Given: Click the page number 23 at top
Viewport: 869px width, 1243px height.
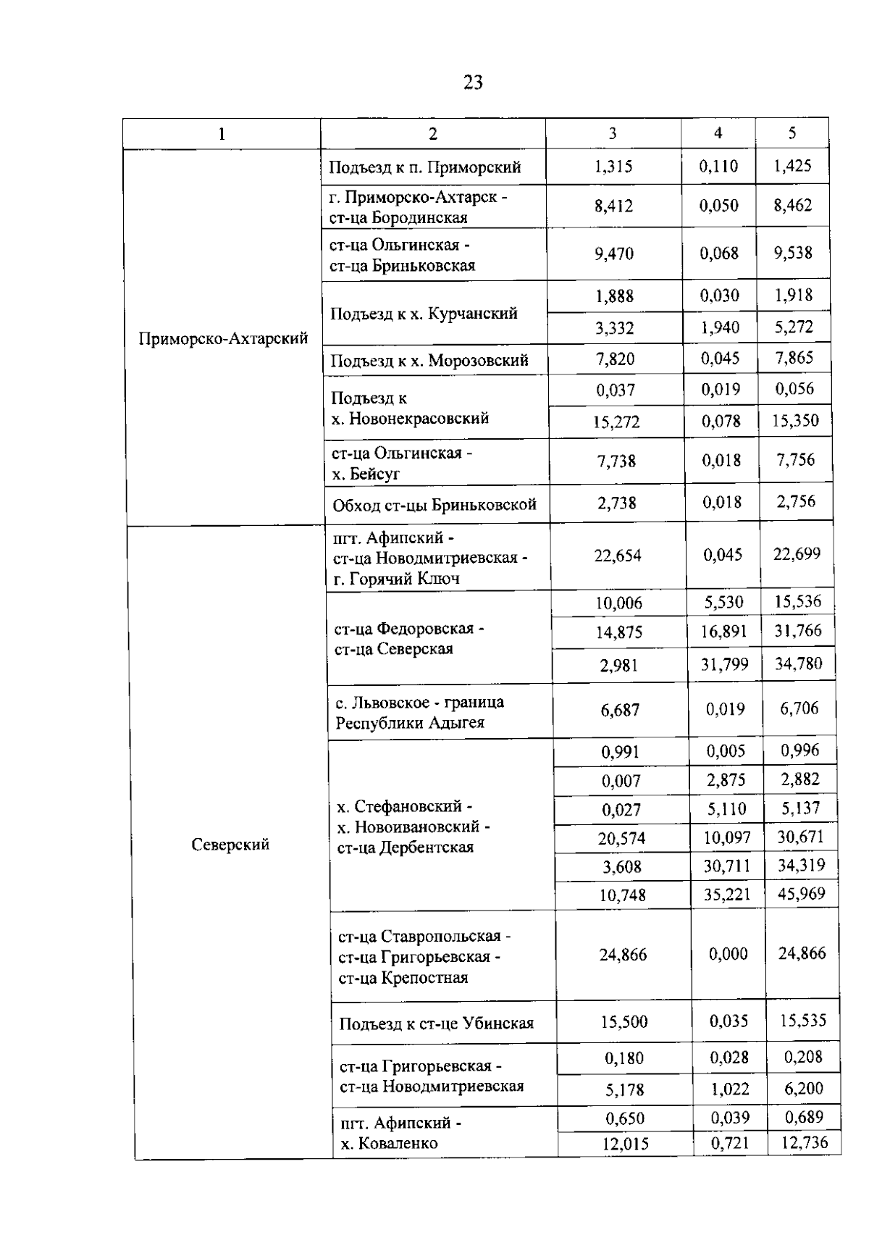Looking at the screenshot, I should (x=473, y=83).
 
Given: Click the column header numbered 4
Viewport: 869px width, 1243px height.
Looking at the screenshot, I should (x=718, y=133).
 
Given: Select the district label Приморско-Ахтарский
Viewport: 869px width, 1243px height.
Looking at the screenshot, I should (x=223, y=338).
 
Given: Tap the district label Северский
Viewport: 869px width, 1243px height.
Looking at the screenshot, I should (x=230, y=844).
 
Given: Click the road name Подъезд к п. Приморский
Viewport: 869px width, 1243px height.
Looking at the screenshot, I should (x=425, y=167).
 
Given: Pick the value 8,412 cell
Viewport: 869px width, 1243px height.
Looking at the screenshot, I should (x=613, y=206).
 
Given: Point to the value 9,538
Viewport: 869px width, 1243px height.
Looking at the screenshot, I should (x=793, y=253).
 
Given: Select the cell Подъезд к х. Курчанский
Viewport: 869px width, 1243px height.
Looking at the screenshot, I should (x=424, y=314).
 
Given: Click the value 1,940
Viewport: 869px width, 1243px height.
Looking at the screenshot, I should (x=720, y=327).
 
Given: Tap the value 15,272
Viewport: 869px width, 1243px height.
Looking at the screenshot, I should (x=616, y=422).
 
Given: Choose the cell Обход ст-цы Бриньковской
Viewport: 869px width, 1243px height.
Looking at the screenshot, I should (x=434, y=504).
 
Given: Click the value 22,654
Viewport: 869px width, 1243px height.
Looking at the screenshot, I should (x=618, y=556).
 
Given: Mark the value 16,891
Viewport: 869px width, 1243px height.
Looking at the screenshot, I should (x=723, y=632).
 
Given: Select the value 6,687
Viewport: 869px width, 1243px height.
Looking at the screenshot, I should (x=620, y=711).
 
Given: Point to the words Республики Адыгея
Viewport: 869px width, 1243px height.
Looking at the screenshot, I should (x=409, y=723).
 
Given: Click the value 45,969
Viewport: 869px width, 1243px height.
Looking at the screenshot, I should (x=801, y=894).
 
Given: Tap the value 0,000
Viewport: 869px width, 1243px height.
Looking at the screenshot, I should (x=728, y=954).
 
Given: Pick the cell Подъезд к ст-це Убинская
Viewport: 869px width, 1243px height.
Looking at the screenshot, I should (x=436, y=1024).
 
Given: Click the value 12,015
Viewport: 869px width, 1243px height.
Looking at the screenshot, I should (x=626, y=1144).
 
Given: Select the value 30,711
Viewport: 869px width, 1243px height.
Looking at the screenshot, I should (x=727, y=866).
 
